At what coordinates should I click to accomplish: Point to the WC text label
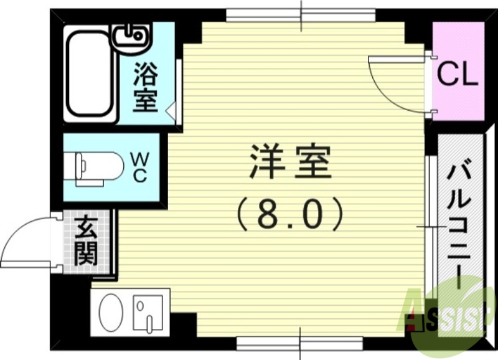(x=139, y=167)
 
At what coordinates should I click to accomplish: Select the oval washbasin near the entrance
(x=113, y=312)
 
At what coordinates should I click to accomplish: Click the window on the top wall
(x=301, y=14)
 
